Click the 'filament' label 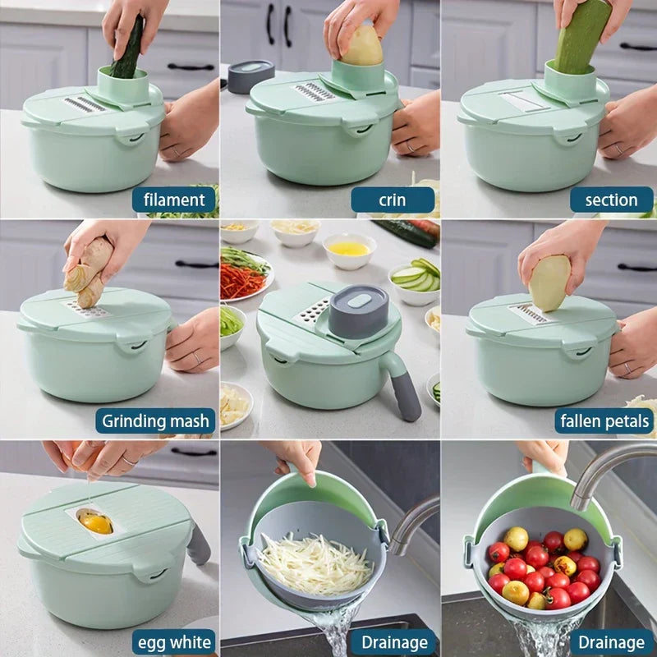coord(174,200)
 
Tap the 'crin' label coord(393,200)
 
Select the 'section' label coord(611,200)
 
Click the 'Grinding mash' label coord(155,420)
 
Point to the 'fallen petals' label coord(604,420)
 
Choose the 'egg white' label coord(174,642)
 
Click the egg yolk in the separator coord(96,522)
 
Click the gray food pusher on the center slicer coord(359,311)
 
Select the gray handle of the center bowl coord(402,388)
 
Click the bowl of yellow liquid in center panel coord(350,250)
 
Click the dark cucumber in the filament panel coord(129,48)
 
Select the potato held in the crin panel coord(361,45)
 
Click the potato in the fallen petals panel coord(549,283)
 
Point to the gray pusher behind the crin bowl coord(250,76)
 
